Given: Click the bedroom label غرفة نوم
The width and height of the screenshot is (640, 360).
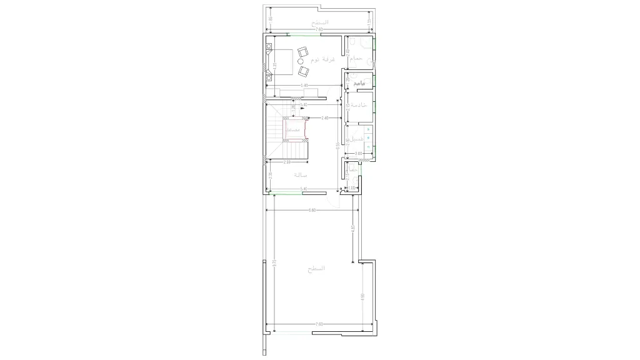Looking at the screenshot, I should pyautogui.click(x=324, y=59).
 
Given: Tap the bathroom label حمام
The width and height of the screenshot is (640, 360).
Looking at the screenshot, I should pyautogui.click(x=357, y=58).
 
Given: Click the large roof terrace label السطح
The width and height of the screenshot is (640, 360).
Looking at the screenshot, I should pyautogui.click(x=316, y=268).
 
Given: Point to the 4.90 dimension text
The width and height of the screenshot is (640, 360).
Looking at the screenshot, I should pyautogui.click(x=362, y=296).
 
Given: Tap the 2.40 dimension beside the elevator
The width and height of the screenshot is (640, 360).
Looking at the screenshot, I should pyautogui.click(x=324, y=118).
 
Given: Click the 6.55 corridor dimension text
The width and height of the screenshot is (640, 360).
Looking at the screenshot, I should pyautogui.click(x=338, y=146).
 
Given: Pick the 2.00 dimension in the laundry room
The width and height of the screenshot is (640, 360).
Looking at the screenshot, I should pyautogui.click(x=358, y=153).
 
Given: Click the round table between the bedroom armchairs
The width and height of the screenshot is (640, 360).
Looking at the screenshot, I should pyautogui.click(x=301, y=61).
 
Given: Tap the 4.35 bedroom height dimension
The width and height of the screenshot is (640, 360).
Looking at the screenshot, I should pyautogui.click(x=272, y=66).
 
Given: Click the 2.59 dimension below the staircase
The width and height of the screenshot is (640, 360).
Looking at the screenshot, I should pyautogui.click(x=286, y=162).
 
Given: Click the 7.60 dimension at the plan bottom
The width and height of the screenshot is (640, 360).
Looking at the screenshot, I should pyautogui.click(x=319, y=324).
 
